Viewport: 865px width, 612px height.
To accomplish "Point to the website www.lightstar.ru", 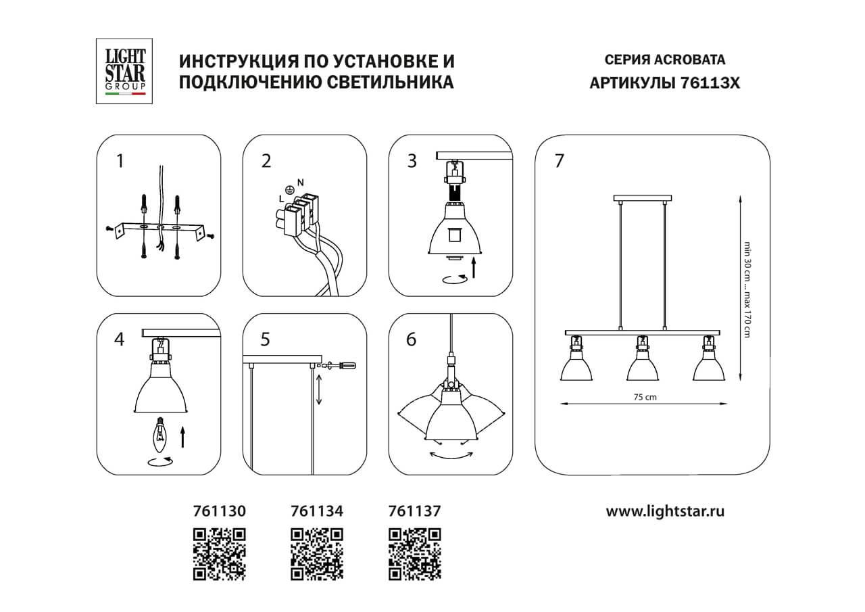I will click(665, 512).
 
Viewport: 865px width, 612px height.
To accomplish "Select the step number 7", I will click(558, 162).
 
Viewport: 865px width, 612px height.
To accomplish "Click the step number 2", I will click(266, 162).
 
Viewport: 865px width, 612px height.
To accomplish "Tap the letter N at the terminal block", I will click(299, 181).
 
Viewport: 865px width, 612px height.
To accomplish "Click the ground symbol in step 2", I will click(290, 190).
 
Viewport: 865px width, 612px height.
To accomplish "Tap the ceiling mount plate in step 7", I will click(642, 198).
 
